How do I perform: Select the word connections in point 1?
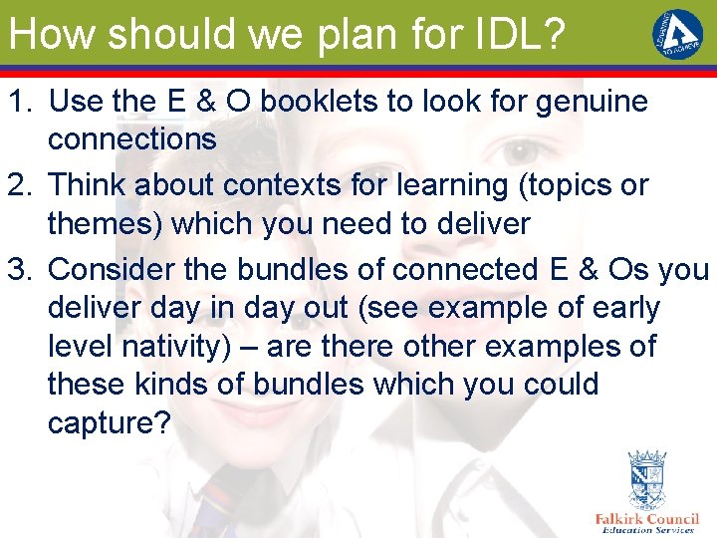point(131,139)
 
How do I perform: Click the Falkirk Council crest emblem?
point(645,480)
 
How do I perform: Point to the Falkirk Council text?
point(646,519)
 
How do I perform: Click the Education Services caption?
point(647,531)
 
